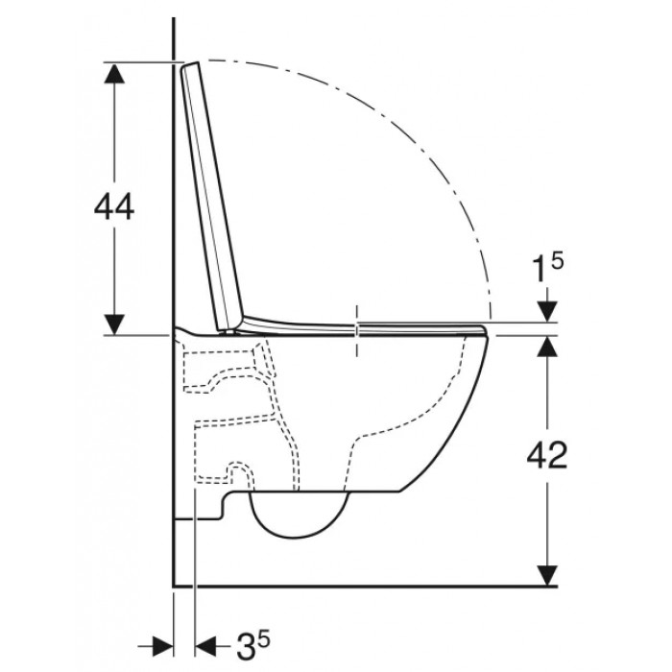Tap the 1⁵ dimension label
point(547,268)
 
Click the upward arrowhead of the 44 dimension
point(114,73)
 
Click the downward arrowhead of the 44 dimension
point(114,324)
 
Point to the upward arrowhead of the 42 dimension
point(547,347)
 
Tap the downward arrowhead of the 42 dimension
point(547,575)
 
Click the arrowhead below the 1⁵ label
point(547,311)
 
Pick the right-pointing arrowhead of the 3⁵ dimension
point(162,646)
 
